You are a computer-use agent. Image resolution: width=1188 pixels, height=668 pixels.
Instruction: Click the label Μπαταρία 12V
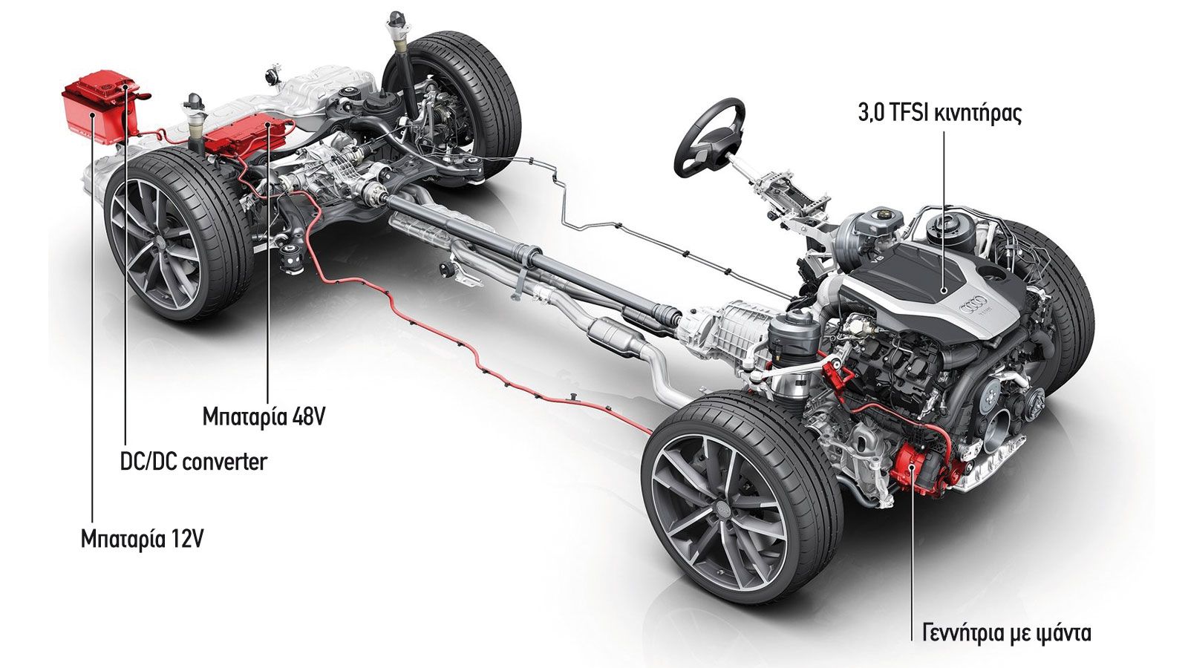[x=142, y=540]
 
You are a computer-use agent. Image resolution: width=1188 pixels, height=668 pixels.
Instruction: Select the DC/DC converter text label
[x=194, y=462]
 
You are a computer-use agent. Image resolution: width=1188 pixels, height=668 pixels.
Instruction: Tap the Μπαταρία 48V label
[x=264, y=417]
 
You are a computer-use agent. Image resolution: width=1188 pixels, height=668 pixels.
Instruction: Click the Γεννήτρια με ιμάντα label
[x=1007, y=634]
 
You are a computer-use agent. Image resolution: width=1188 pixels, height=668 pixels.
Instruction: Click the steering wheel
[x=710, y=138]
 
